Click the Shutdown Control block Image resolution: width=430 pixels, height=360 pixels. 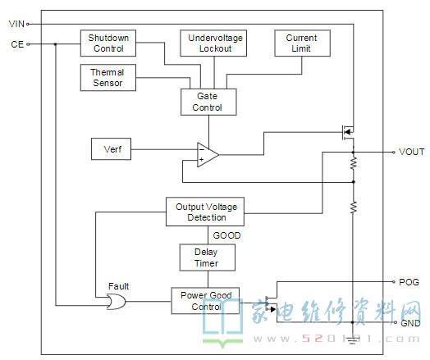108,43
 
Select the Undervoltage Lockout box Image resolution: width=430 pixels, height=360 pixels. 213,43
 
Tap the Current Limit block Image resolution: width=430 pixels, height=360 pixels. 302,43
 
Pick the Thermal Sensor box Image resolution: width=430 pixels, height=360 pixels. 108,78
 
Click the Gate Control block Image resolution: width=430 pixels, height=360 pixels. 208,102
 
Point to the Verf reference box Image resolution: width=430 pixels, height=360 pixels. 111,149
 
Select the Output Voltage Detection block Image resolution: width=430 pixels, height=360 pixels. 205,212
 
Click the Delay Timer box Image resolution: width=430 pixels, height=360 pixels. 208,257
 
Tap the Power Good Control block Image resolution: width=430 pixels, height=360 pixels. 205,301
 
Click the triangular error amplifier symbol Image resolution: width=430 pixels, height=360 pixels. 208,155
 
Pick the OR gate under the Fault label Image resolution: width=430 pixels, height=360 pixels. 116,302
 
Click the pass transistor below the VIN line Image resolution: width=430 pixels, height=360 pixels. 348,132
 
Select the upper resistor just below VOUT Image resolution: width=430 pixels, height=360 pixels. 354,163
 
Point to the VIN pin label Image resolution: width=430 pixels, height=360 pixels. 16,24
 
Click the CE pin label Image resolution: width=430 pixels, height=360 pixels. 17,44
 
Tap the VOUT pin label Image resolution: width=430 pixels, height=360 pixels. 411,152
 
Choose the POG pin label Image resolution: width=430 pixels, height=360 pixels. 409,282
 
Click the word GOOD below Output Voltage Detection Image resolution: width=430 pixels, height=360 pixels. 226,235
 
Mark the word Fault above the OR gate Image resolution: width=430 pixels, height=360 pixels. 118,286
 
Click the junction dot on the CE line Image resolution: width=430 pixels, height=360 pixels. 56,44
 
